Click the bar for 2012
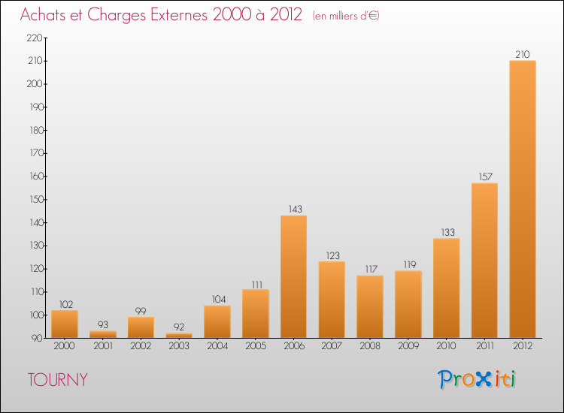point(522,199)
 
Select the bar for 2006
point(293,276)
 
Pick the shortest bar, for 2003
point(179,336)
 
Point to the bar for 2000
point(64,324)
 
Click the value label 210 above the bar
point(522,54)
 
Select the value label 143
point(293,210)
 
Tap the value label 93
point(102,325)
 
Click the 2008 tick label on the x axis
point(369,346)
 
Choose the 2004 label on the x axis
point(217,346)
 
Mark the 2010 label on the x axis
point(446,346)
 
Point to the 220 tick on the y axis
point(35,38)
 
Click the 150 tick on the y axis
point(35,200)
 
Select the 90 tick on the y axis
point(37,339)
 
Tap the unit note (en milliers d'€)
point(346,16)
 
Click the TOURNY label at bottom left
point(57,380)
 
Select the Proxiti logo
point(477,379)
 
